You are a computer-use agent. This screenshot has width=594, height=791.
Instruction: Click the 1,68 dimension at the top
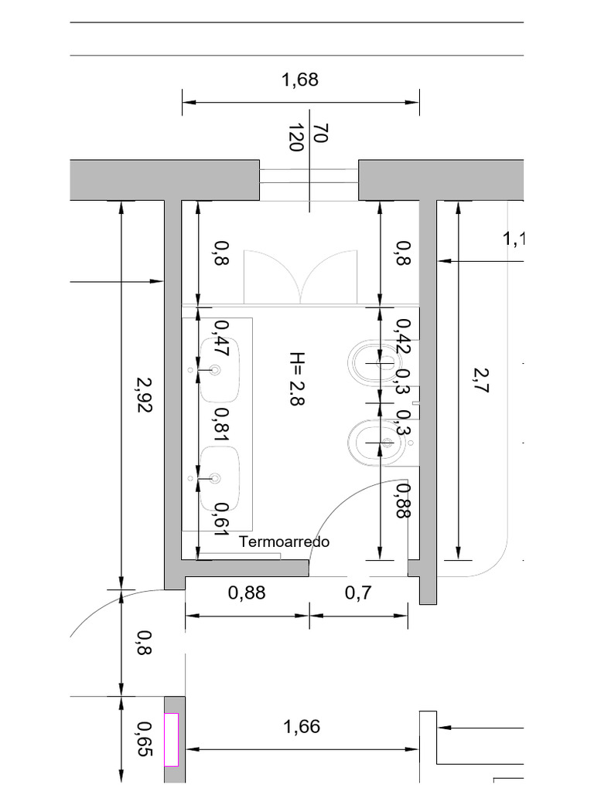[x=301, y=80]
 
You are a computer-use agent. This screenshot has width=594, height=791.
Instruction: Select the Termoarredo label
[x=284, y=541]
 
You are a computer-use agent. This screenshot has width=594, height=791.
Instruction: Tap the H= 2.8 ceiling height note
[x=298, y=379]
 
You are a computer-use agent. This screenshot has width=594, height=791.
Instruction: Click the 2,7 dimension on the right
[x=481, y=380]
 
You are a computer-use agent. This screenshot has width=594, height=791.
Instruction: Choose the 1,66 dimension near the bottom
[x=302, y=727]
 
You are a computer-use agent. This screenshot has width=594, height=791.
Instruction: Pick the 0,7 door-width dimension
[x=359, y=593]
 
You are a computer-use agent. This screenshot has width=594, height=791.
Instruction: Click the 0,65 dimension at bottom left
[x=144, y=737]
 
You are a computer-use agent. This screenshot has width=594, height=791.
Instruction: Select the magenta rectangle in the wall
[x=171, y=739]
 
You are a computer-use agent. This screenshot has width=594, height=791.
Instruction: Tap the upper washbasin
[x=220, y=371]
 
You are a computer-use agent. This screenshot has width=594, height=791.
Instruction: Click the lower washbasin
[x=220, y=479]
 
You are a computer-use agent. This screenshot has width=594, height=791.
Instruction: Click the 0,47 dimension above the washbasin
[x=221, y=337]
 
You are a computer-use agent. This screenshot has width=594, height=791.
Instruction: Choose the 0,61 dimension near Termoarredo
[x=221, y=518]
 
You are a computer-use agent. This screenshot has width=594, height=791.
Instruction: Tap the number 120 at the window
[x=295, y=137]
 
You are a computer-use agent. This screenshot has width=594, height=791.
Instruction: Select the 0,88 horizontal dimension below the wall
[x=247, y=593]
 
